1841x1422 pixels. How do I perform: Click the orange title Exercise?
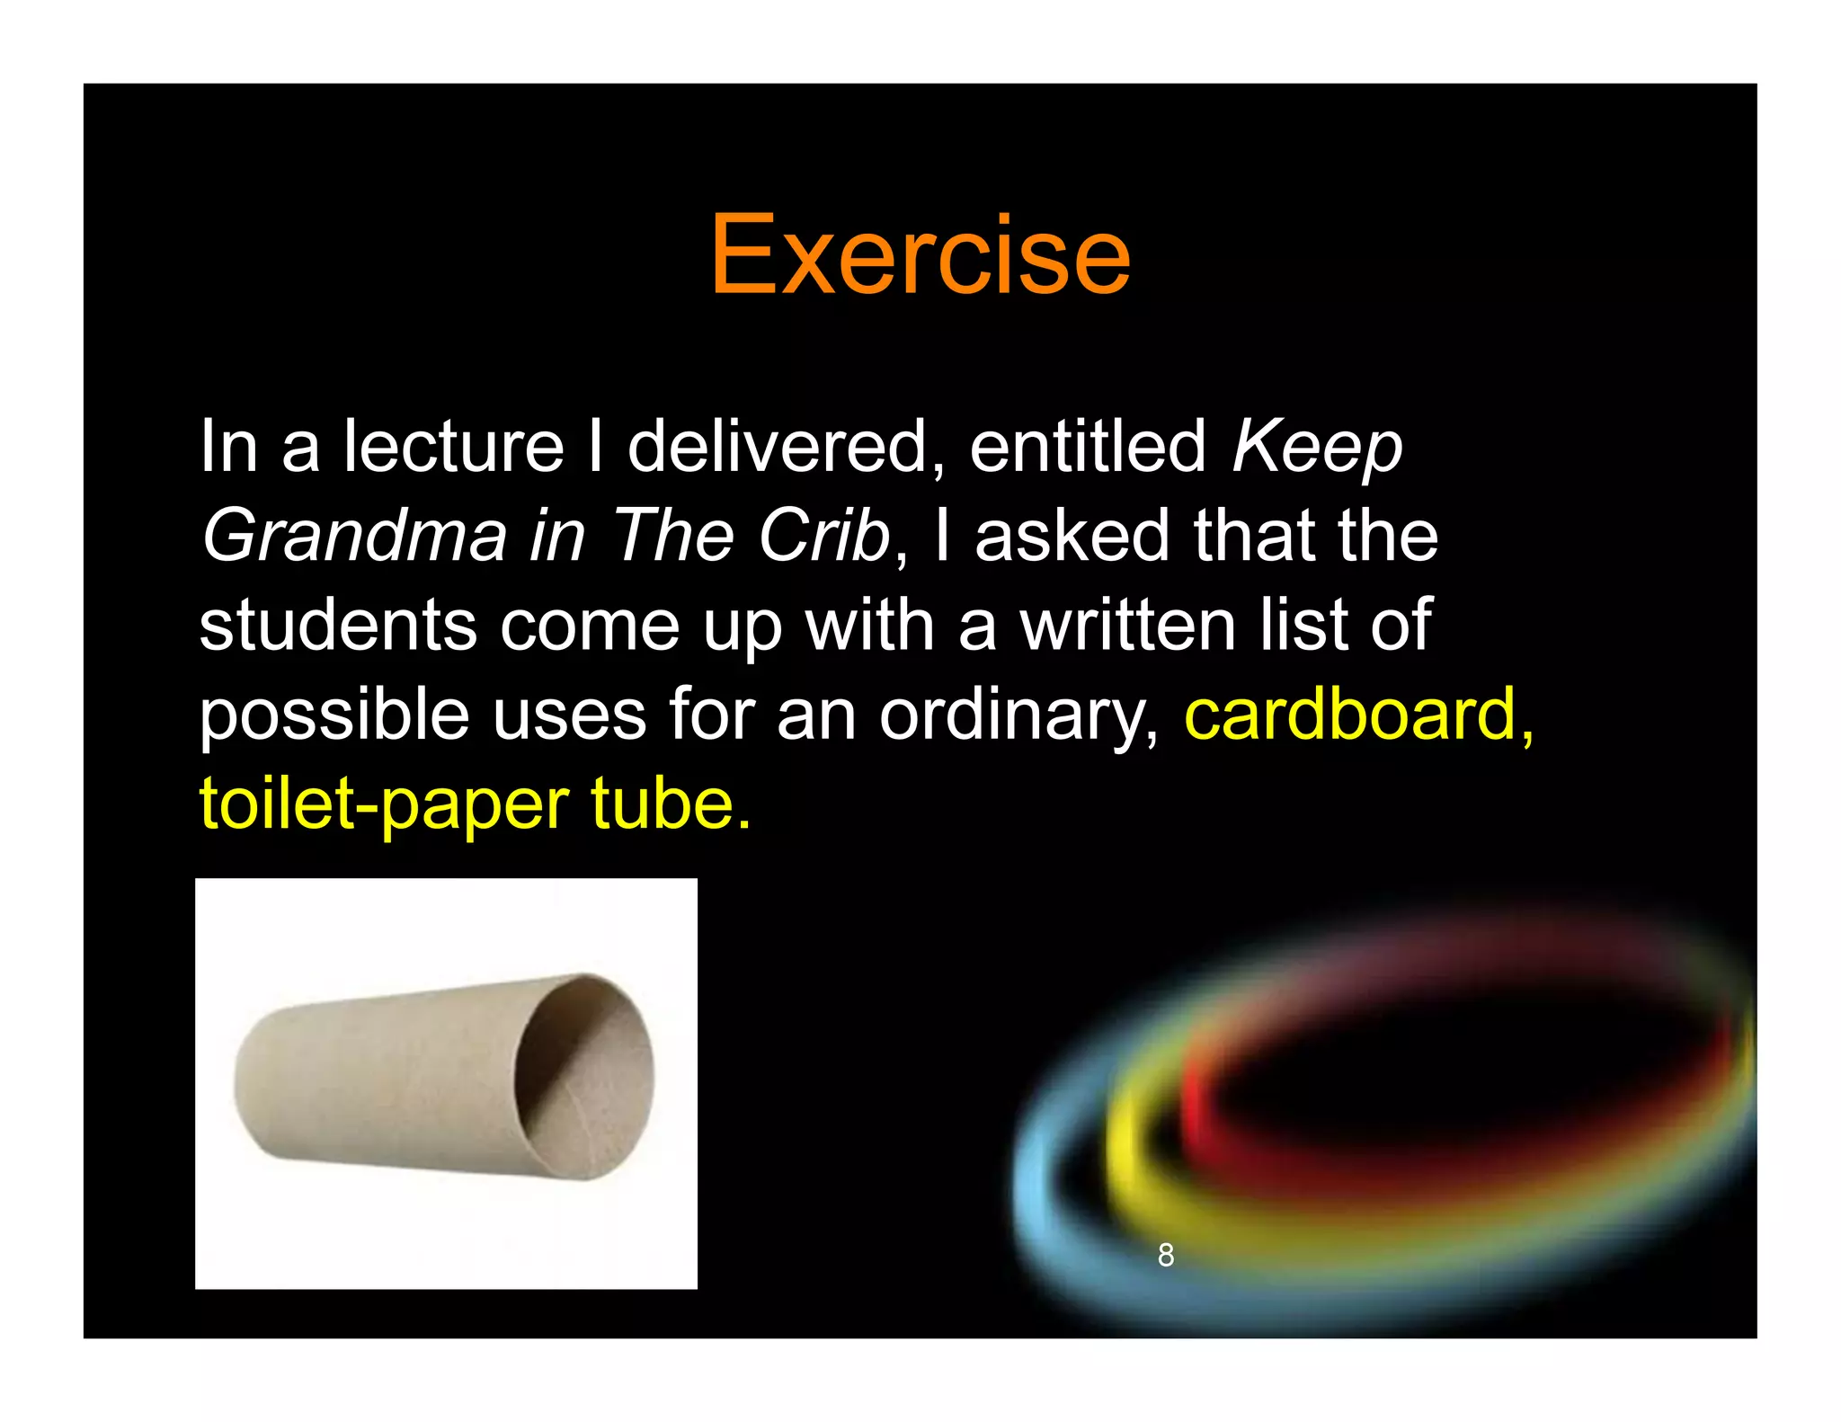pos(920,255)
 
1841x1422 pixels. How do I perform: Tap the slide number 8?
pos(1165,1255)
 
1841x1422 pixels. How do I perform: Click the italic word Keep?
pos(1316,447)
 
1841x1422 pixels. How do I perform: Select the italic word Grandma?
pos(354,536)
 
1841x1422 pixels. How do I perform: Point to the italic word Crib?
pos(823,536)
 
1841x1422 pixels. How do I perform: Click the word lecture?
pos(453,447)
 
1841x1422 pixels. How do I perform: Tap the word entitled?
pos(1087,447)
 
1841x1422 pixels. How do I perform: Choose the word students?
pos(338,626)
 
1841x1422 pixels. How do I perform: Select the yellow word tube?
pos(670,804)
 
